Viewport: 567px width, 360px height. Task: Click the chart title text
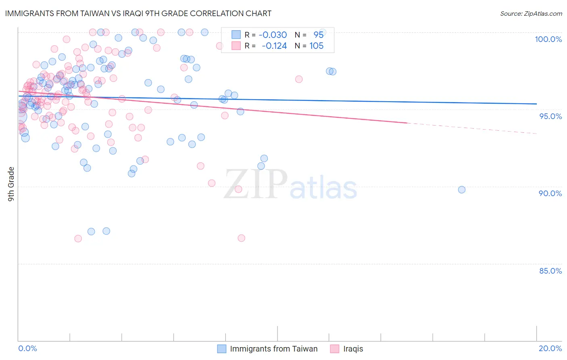click(x=138, y=13)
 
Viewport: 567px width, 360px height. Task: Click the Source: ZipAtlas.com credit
click(x=531, y=14)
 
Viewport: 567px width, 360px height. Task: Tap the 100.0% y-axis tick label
click(x=548, y=39)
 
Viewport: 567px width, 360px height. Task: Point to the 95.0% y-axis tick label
click(x=550, y=116)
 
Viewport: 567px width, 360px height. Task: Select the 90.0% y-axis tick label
click(x=550, y=193)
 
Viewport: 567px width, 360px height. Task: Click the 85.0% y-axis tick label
click(x=550, y=271)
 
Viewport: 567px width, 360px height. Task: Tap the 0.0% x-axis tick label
click(x=27, y=348)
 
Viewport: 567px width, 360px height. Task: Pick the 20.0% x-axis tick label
click(x=550, y=348)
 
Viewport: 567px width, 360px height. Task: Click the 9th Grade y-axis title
click(x=11, y=184)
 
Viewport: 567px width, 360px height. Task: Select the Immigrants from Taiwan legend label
click(x=273, y=349)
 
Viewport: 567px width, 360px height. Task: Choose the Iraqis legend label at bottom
click(x=353, y=349)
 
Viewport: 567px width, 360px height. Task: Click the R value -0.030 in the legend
click(x=273, y=35)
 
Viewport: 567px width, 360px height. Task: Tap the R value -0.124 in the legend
click(x=274, y=46)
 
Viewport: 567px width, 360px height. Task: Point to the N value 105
click(x=316, y=46)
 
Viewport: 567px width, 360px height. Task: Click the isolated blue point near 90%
click(x=462, y=190)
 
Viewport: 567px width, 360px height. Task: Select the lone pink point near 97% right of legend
click(x=299, y=79)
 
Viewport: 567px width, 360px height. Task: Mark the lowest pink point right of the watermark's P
click(x=241, y=238)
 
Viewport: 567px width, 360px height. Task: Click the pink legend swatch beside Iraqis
click(x=334, y=349)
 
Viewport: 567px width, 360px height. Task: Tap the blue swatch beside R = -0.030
click(x=236, y=35)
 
